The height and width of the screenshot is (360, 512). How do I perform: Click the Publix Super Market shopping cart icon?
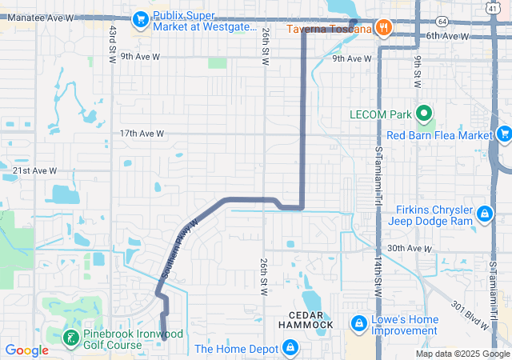141,17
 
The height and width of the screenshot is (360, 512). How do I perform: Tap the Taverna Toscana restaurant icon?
385,28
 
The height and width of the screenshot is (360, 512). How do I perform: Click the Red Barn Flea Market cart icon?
504,134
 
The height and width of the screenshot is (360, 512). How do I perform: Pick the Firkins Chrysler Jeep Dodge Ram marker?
484,214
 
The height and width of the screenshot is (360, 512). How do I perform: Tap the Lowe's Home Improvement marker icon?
358,323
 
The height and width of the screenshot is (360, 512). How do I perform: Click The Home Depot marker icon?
290,348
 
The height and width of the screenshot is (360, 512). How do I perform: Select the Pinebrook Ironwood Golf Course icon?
72,337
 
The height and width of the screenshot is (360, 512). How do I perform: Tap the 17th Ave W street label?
142,134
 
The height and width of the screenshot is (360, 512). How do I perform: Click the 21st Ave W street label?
34,170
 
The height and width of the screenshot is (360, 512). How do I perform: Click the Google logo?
26,350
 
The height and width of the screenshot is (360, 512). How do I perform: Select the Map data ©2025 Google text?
462,354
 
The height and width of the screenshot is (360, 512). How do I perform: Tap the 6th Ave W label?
446,36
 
